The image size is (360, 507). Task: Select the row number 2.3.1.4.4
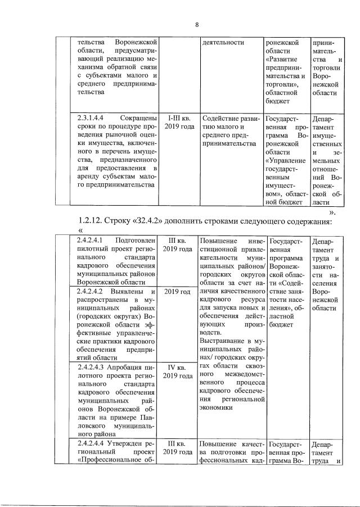point(92,117)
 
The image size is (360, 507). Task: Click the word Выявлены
point(132,292)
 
